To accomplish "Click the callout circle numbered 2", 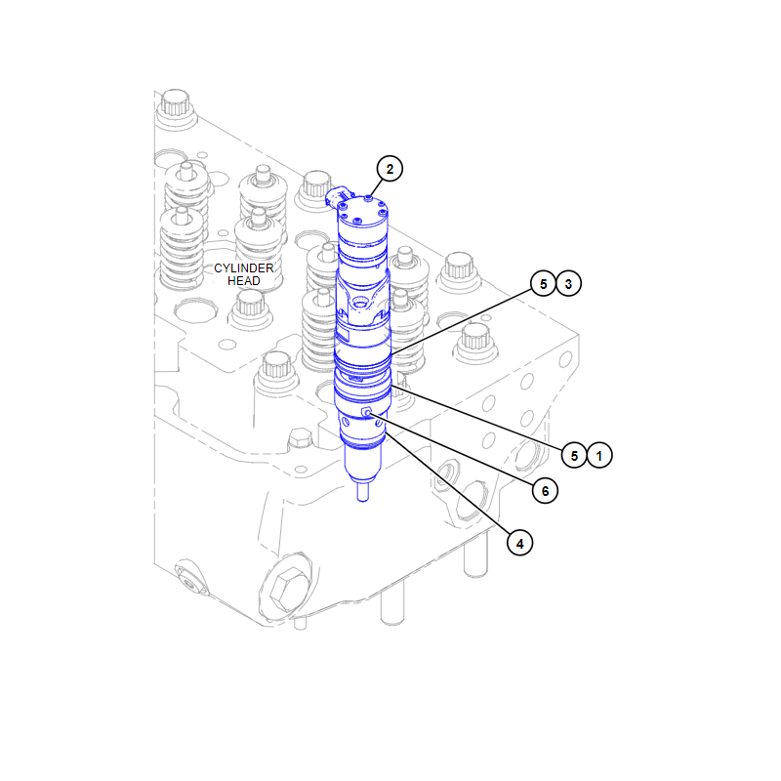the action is coord(390,169).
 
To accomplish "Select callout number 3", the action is coord(568,283).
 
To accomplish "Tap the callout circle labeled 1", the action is coord(599,455).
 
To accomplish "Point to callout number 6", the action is coord(545,491).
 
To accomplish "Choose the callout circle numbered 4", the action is coord(519,543).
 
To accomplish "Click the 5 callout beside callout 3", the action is coord(543,283).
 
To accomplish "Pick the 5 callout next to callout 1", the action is coord(574,455).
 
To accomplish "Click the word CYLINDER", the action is coord(243,267).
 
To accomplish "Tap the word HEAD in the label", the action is coord(243,281).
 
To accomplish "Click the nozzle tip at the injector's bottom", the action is coord(363,492).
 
